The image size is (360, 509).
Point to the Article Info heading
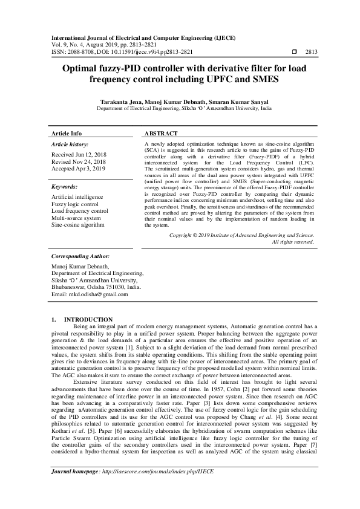[67, 133]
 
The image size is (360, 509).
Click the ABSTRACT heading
[161, 133]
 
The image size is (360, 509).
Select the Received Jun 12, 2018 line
[79, 155]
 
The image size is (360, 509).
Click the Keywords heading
[65, 188]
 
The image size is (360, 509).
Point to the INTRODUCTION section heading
[88, 319]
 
